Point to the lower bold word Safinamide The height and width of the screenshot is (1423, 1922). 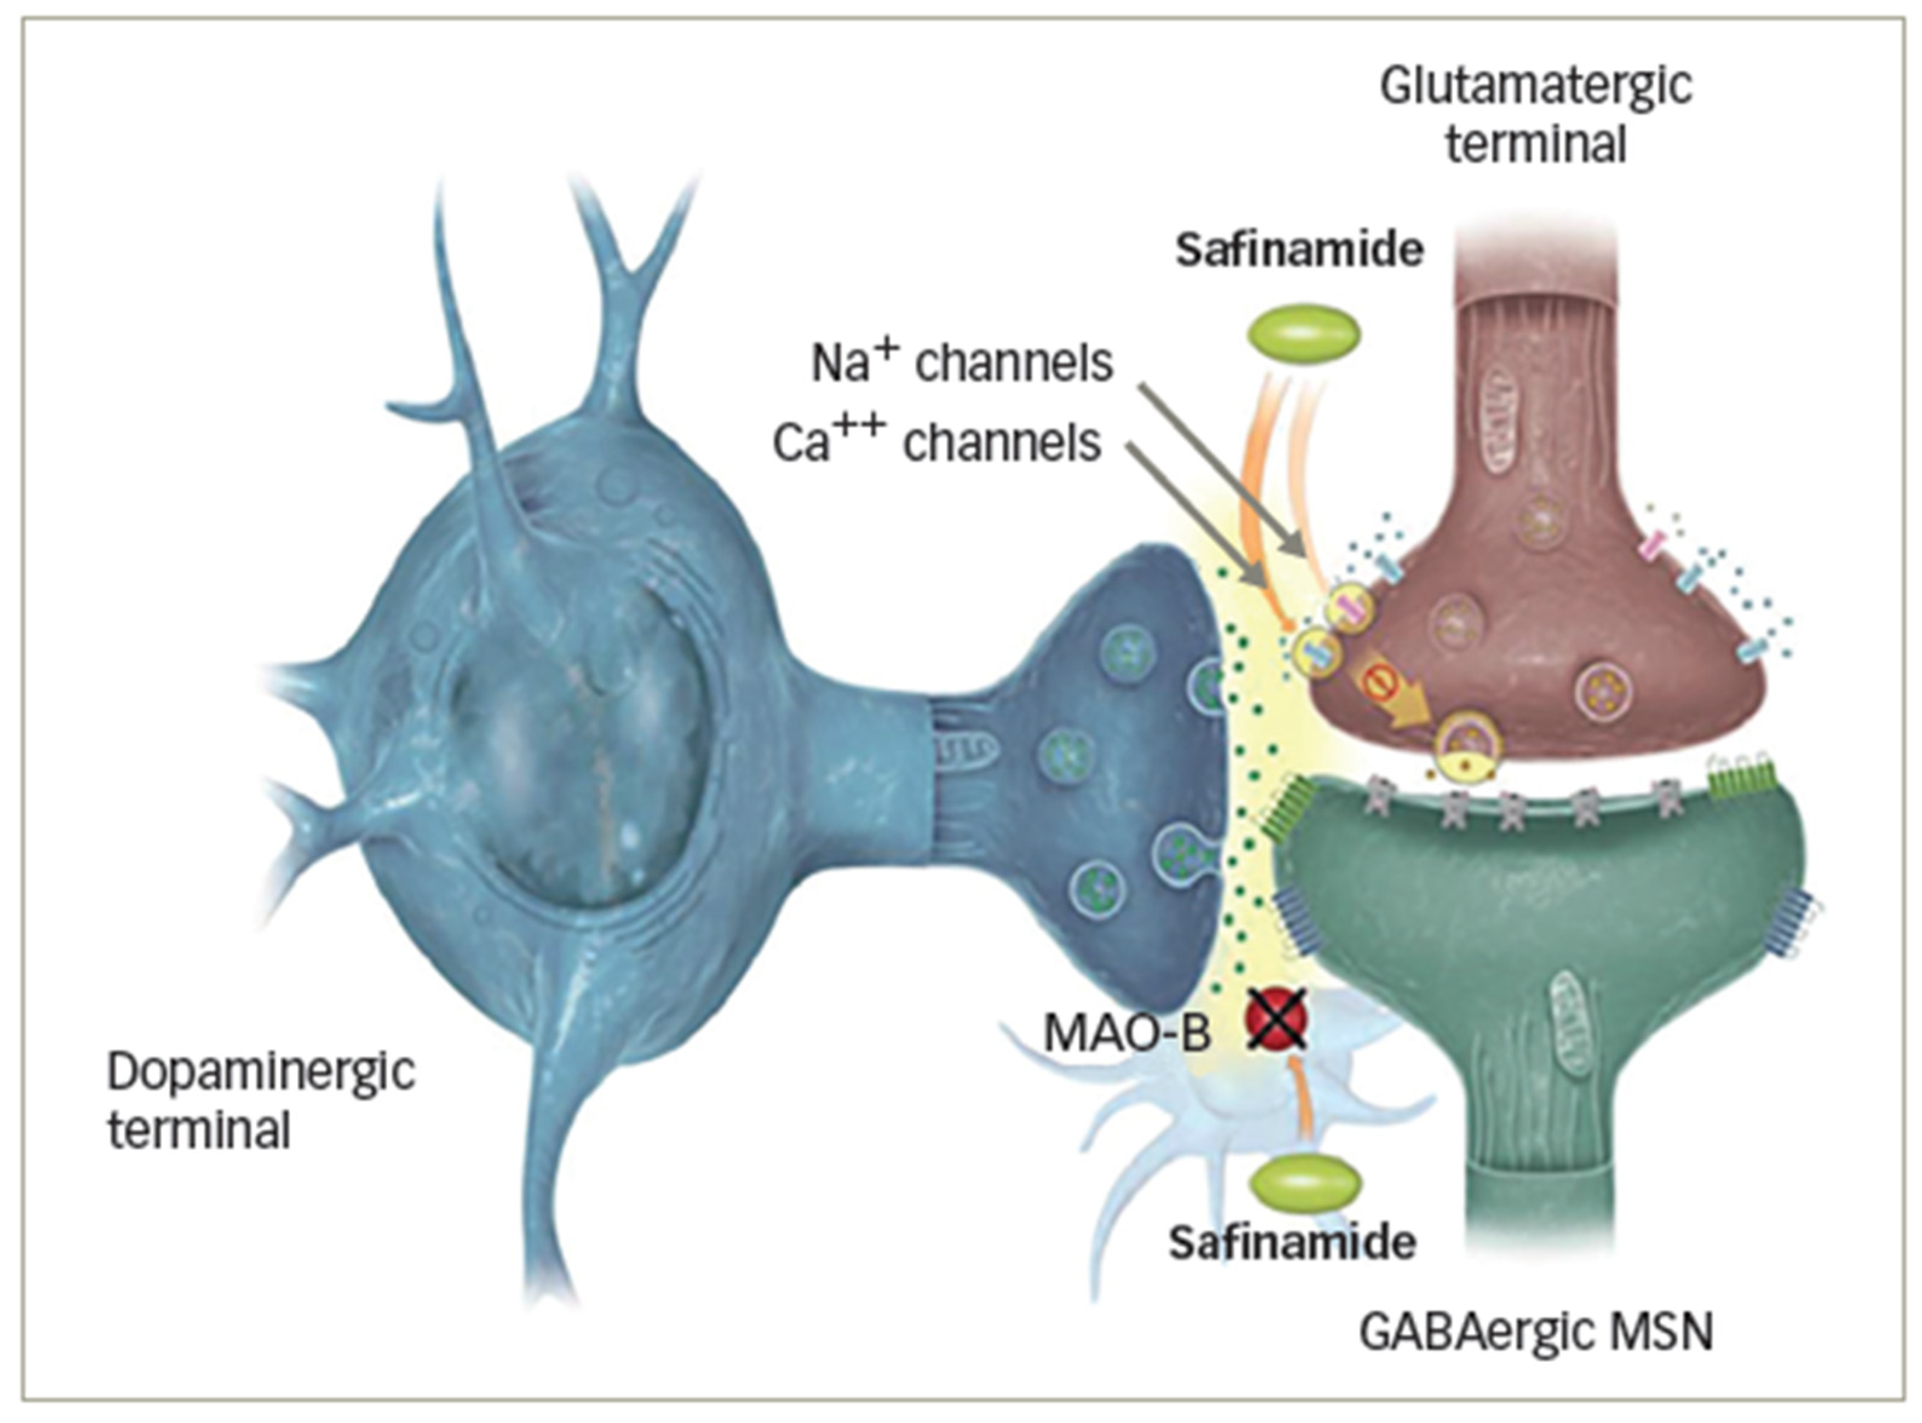click(x=1292, y=1243)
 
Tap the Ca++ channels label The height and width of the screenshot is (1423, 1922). click(x=936, y=442)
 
